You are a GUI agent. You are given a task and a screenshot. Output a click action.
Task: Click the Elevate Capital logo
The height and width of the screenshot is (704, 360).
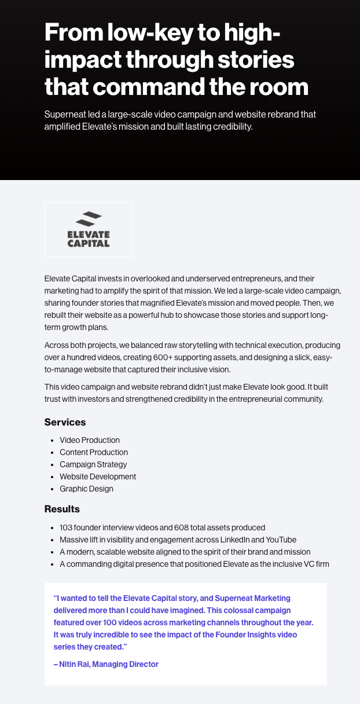(x=88, y=229)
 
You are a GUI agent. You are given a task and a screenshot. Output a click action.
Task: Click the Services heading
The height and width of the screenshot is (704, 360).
(x=65, y=422)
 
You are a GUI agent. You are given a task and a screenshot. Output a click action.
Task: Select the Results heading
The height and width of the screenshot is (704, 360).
(x=62, y=509)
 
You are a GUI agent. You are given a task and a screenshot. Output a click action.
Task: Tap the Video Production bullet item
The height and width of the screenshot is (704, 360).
(x=90, y=440)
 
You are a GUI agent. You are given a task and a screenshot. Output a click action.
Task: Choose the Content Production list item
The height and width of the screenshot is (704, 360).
(x=94, y=452)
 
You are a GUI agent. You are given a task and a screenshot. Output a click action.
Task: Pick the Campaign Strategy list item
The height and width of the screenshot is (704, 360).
(x=93, y=464)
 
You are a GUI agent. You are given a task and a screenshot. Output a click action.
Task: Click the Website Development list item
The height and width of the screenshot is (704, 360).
(x=98, y=476)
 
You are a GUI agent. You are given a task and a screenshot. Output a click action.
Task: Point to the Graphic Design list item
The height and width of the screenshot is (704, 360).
(x=86, y=489)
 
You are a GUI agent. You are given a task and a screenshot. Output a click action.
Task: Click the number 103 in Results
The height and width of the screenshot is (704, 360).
(x=66, y=527)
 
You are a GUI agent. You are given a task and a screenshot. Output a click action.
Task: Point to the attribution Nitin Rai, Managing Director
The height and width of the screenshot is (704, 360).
(x=106, y=664)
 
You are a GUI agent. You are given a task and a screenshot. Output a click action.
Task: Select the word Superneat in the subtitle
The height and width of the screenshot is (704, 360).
(x=65, y=114)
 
